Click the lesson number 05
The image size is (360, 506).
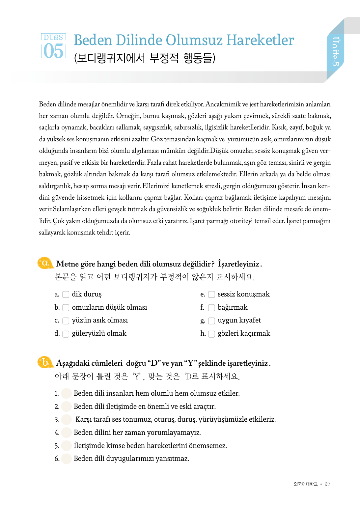coord(53,51)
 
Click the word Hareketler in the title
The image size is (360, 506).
coord(260,40)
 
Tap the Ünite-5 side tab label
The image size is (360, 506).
coord(335,51)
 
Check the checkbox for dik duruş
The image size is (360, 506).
coord(66,295)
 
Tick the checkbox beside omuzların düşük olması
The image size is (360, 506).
coord(66,308)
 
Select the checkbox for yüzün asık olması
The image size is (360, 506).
coord(66,321)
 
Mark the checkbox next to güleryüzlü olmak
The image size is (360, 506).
coord(66,334)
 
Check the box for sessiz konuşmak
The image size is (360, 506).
coord(211,295)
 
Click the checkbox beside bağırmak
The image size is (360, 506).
coord(211,308)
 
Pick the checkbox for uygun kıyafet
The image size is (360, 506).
coord(211,321)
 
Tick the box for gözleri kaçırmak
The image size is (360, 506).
coord(211,334)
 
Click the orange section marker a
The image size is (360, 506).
coord(45,263)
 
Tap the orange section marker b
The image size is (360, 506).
coord(45,362)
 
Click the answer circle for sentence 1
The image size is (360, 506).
coord(67,393)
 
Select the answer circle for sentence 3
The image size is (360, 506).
coord(67,419)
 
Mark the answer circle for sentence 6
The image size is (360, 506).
coord(67,459)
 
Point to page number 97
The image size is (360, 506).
coord(327,484)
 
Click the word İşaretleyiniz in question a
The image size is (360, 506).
coord(239,264)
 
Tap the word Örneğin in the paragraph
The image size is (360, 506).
coord(128,116)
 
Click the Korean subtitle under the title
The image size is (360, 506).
coord(145,58)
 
